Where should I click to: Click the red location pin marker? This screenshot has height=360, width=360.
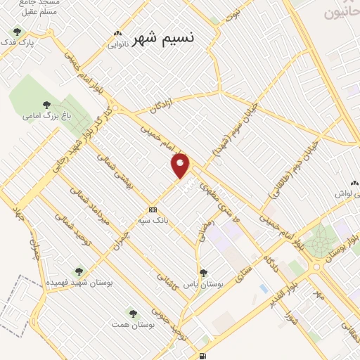click(181, 165)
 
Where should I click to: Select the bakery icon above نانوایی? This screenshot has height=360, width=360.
click(117, 33)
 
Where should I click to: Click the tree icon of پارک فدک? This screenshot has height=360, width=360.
click(17, 32)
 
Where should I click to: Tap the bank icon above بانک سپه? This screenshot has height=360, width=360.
click(153, 210)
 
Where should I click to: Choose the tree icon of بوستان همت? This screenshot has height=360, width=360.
click(133, 313)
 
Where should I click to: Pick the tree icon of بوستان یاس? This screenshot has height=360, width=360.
click(203, 273)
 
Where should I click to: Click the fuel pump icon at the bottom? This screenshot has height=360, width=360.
click(202, 356)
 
